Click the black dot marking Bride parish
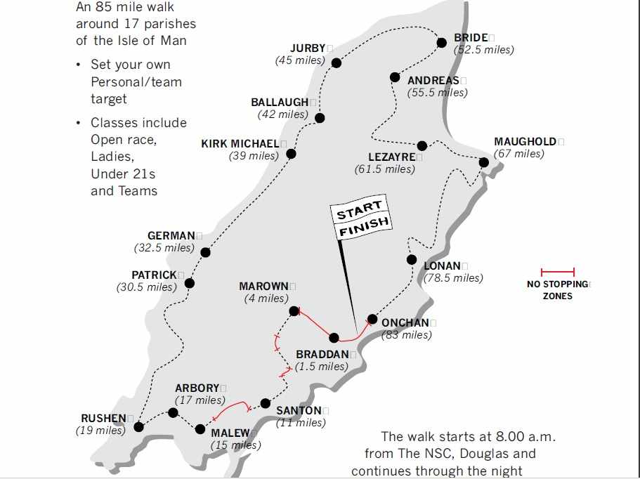(441, 43)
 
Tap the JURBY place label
(308, 48)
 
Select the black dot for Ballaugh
(320, 118)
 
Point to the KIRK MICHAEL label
(240, 144)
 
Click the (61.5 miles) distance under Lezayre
(385, 169)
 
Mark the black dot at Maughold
(484, 162)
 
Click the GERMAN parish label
(171, 236)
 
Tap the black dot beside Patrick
(189, 284)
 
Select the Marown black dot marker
(294, 311)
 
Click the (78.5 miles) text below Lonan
(453, 278)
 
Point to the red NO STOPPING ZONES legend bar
(558, 272)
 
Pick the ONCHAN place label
(405, 323)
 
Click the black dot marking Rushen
(138, 426)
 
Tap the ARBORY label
(197, 388)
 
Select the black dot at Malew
(200, 428)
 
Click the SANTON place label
(299, 411)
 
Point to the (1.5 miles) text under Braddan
(322, 367)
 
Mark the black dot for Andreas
(395, 77)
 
